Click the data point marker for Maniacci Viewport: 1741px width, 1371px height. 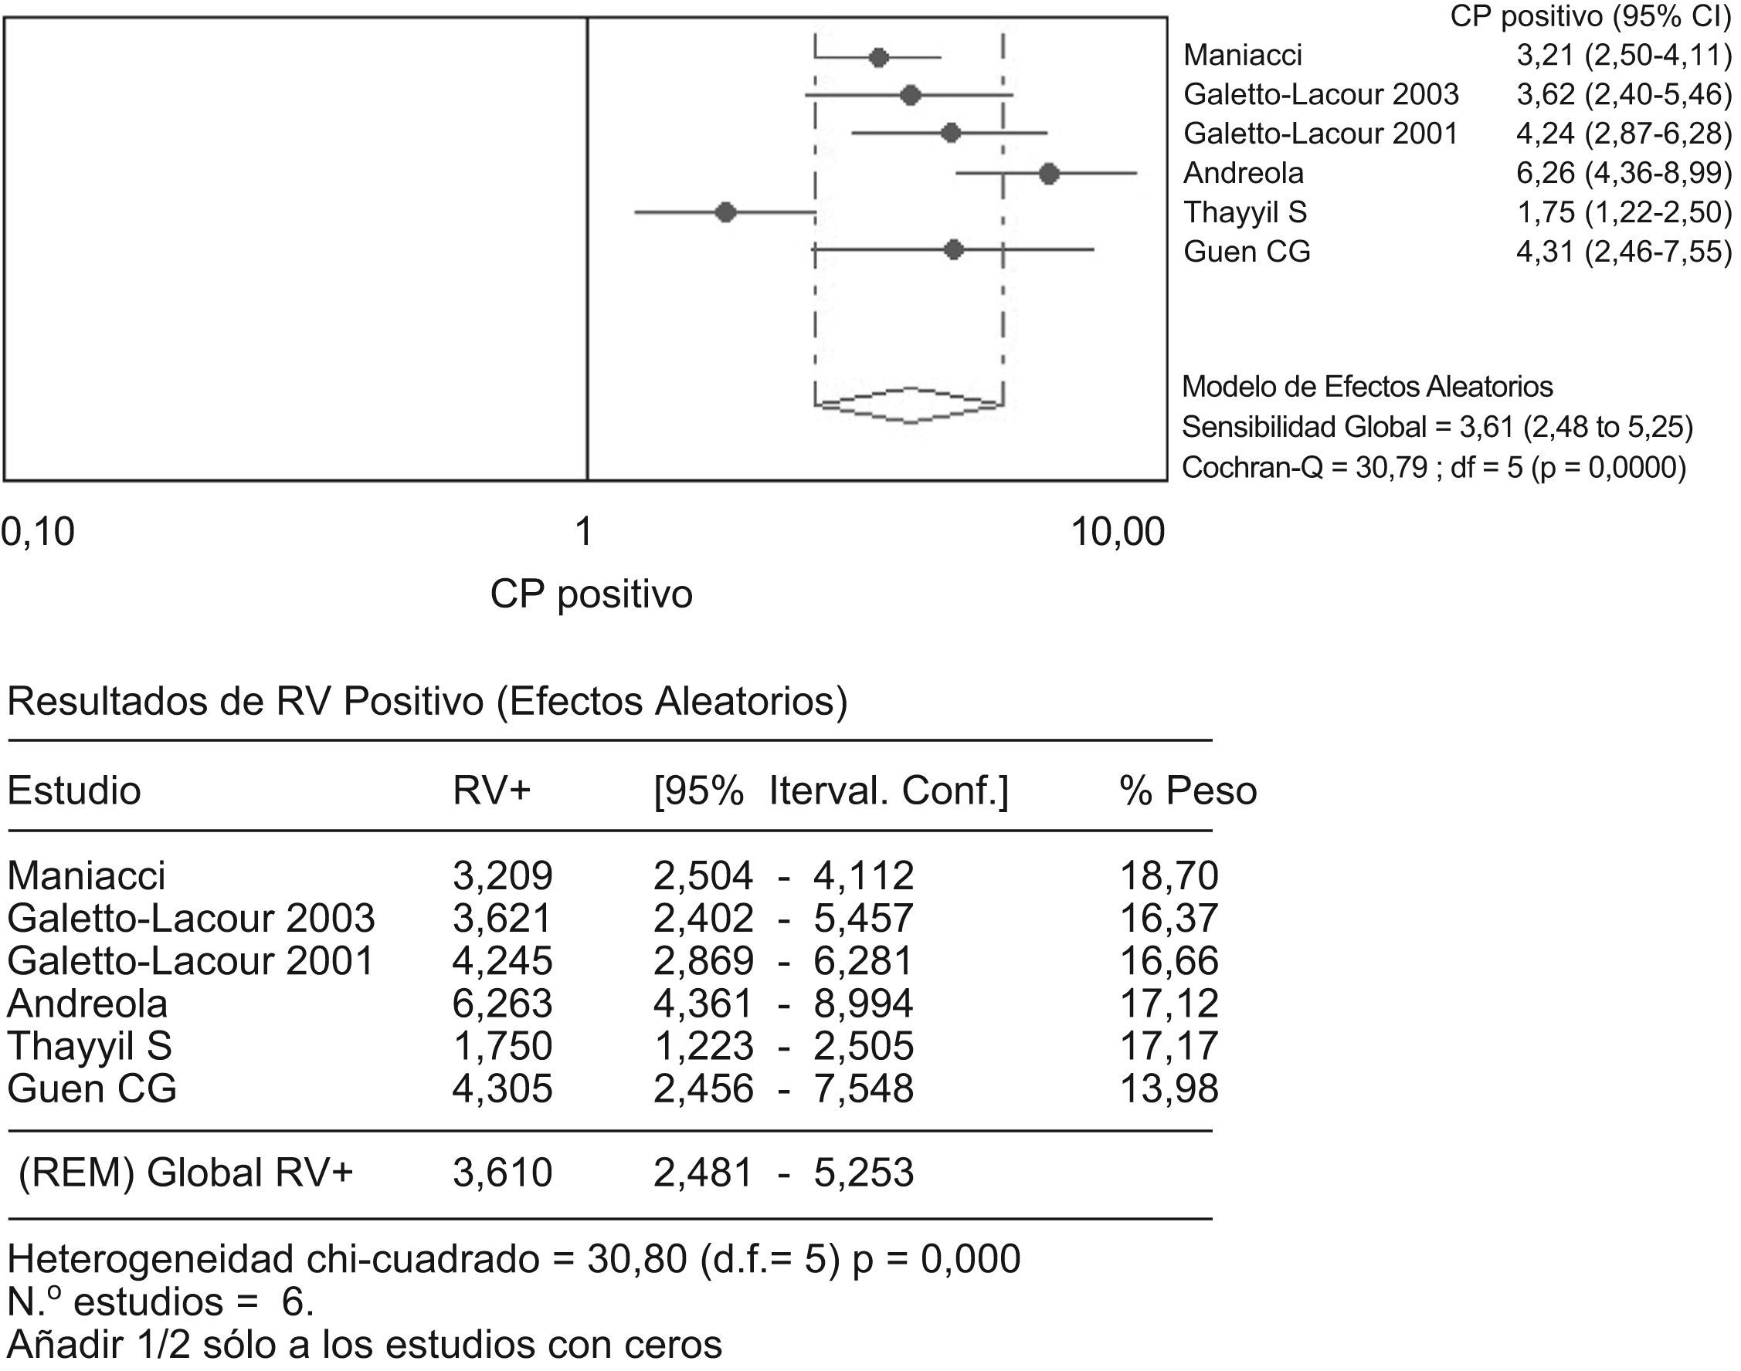point(878,58)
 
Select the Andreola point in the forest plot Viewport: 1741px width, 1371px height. point(1049,174)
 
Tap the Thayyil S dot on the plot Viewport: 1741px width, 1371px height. point(726,213)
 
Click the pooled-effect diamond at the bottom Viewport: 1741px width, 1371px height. point(910,405)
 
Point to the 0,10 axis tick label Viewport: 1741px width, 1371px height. point(39,532)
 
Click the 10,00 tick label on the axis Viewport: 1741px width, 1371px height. point(1118,532)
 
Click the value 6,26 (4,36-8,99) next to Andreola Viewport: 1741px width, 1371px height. point(1623,174)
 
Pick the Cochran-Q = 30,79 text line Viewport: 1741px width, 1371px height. point(1434,467)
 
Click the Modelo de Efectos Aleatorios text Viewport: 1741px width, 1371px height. point(1367,387)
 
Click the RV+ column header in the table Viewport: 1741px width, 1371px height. point(491,790)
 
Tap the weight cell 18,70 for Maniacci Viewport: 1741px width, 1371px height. point(1169,875)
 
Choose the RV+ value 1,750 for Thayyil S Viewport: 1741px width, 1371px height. point(502,1046)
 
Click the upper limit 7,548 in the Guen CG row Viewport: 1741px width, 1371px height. point(864,1089)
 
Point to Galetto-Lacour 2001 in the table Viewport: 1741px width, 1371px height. point(190,961)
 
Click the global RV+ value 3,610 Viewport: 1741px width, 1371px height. point(502,1173)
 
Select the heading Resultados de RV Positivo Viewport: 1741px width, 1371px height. point(427,702)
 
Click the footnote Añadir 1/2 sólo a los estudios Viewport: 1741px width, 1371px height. point(365,1345)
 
